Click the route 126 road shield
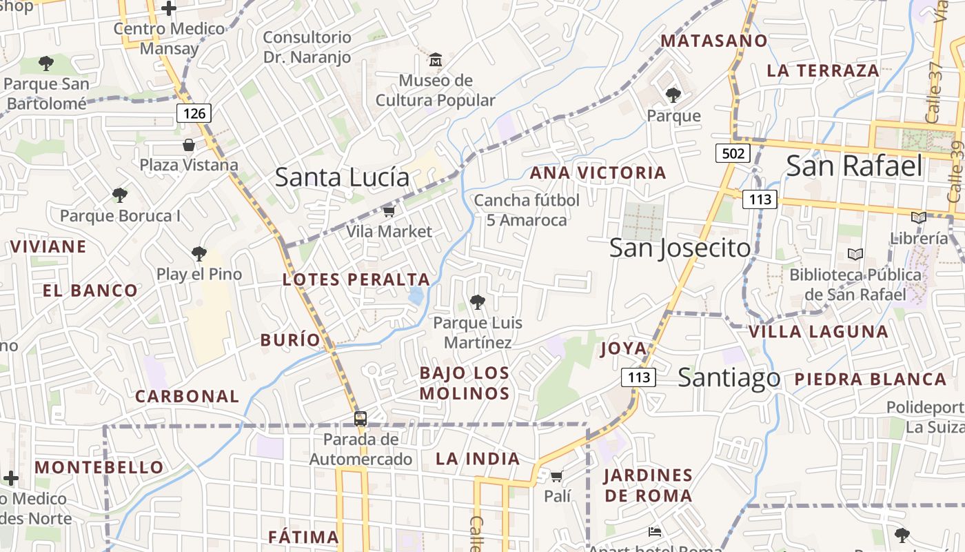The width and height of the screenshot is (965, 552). coord(194,113)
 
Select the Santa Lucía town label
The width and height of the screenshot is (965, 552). coord(342,177)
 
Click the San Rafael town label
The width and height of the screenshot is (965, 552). coord(853,166)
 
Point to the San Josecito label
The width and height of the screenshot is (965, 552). coord(680,248)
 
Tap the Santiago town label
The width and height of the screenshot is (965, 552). coord(729,377)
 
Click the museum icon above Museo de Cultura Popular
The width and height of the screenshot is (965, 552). coord(436,60)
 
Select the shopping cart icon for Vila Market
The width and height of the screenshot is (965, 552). coord(389,211)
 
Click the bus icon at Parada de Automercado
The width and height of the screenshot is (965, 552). coord(360,418)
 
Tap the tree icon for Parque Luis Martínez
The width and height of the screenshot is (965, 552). coord(477,302)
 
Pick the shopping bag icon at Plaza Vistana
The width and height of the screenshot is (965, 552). coord(188,145)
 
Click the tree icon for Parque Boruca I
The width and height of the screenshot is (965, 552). coord(120,195)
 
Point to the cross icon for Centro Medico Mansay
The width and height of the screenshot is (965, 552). coord(169,9)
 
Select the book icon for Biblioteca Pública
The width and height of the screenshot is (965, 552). coord(855,254)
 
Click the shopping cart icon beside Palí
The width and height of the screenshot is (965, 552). coord(557,476)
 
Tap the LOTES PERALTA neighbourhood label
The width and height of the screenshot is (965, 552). coord(356,279)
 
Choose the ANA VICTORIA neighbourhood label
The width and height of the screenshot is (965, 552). coord(598,172)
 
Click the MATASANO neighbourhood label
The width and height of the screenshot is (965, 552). coord(714,41)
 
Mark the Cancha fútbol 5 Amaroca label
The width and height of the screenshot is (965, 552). coord(527,210)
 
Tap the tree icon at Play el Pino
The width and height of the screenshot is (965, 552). coord(199,253)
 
